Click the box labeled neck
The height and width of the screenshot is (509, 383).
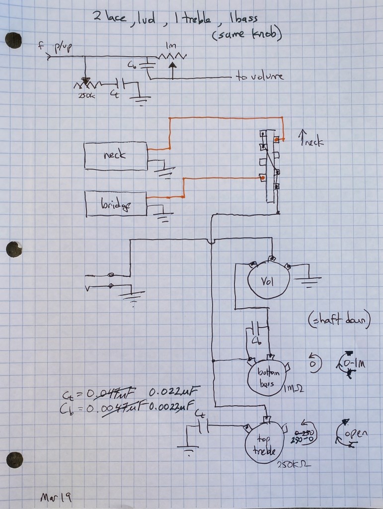pyautogui.click(x=116, y=156)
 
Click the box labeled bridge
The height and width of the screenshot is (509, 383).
pyautogui.click(x=116, y=204)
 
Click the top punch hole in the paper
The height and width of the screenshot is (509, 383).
pyautogui.click(x=13, y=40)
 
